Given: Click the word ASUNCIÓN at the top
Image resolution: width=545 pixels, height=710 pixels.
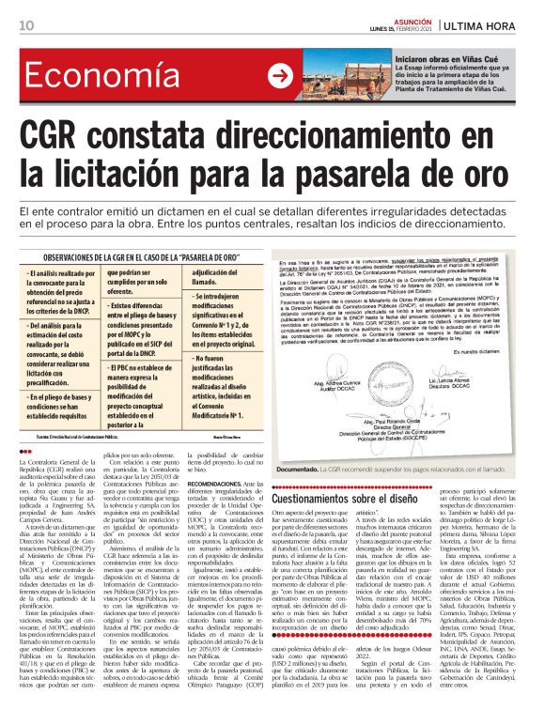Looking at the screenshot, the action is tap(406, 19).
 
